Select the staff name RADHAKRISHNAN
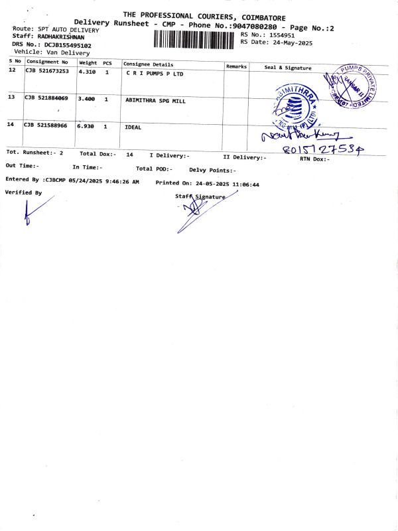click(x=64, y=37)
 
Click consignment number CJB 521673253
click(x=47, y=70)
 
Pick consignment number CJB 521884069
click(x=46, y=98)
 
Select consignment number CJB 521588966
click(x=46, y=125)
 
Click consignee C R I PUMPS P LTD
click(x=155, y=73)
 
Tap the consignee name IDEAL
click(x=133, y=126)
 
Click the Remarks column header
click(x=236, y=66)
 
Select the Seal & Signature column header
click(x=287, y=67)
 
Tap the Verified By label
click(x=23, y=192)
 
